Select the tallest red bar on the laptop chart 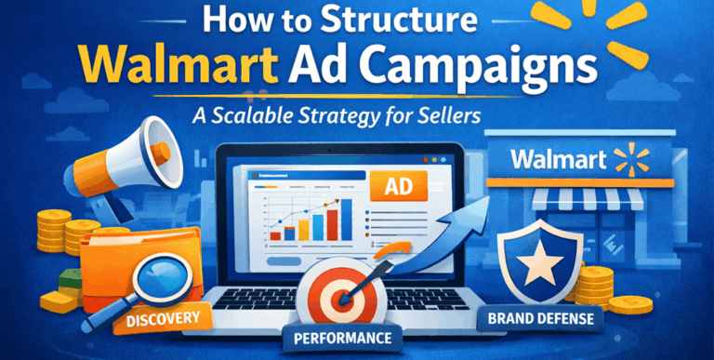pos(332,223)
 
